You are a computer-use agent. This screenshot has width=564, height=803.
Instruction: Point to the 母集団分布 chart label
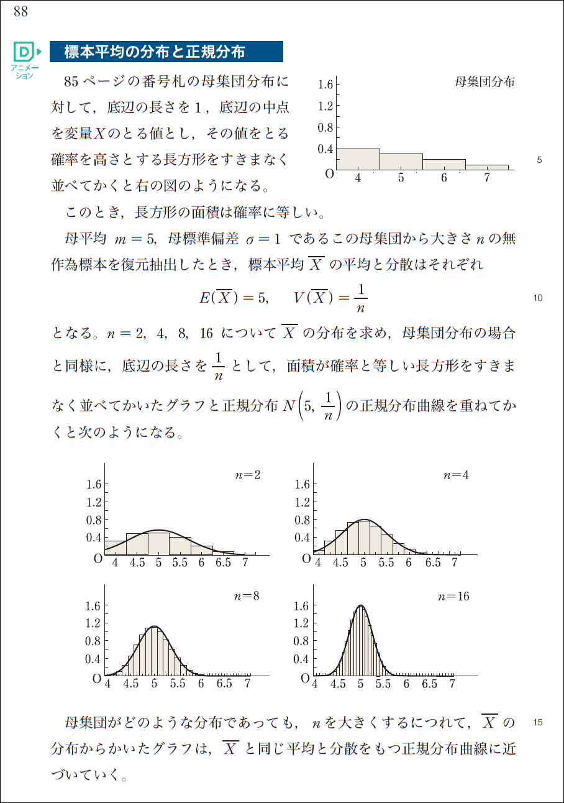tap(485, 82)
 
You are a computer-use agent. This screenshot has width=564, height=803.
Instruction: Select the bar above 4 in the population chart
tap(358, 159)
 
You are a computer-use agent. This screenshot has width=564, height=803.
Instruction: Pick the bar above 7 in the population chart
tap(487, 167)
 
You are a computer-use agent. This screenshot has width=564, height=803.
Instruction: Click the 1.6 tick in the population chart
tap(325, 85)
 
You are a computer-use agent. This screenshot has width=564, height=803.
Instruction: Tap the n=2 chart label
tap(247, 475)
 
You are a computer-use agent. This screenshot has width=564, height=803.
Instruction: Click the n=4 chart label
tap(456, 475)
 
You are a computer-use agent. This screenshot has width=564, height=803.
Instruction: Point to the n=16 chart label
tap(453, 596)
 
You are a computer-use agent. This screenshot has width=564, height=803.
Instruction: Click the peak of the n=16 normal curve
tap(360, 605)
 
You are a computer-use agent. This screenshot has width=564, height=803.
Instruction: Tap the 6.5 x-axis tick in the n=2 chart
tap(223, 563)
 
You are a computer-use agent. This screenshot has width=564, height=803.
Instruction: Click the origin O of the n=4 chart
tap(306, 559)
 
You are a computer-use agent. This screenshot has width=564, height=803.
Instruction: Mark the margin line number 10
tap(538, 298)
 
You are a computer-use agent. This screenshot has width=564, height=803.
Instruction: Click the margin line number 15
tap(538, 722)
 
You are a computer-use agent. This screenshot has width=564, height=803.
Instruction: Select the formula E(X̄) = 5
tap(233, 298)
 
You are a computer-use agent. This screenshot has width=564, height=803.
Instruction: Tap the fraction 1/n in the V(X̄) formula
tap(361, 298)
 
